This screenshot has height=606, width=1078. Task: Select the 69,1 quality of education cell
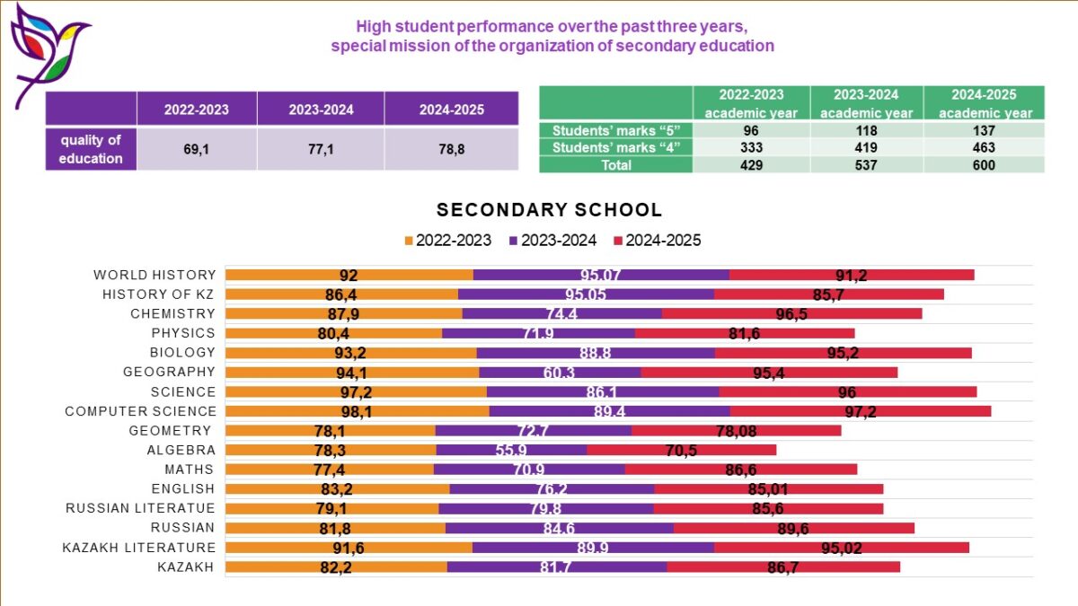(x=196, y=149)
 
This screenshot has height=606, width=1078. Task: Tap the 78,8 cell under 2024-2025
(x=451, y=149)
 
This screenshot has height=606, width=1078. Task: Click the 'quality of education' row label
(x=92, y=149)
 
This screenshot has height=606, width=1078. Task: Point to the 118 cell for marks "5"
(x=867, y=131)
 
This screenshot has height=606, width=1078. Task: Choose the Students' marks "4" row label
(x=616, y=148)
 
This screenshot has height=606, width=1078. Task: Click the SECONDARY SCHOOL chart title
(x=549, y=210)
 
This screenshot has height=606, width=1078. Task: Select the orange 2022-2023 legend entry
(x=448, y=241)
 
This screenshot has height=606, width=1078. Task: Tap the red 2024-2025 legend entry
(x=657, y=241)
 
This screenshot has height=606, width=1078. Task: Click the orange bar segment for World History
(x=349, y=275)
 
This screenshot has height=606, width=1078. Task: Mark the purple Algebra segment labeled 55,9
(x=511, y=450)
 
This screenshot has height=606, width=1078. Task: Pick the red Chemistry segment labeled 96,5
(x=791, y=313)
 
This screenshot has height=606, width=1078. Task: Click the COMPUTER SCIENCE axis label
(x=140, y=411)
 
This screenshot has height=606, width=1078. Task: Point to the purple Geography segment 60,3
(x=560, y=372)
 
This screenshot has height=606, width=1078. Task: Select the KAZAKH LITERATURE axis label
(x=139, y=548)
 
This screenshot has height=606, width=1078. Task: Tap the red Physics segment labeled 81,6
(x=745, y=333)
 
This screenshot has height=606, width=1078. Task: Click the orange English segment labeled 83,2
(x=337, y=489)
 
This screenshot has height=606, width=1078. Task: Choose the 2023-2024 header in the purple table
(x=321, y=110)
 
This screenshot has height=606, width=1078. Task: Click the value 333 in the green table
(x=750, y=148)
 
